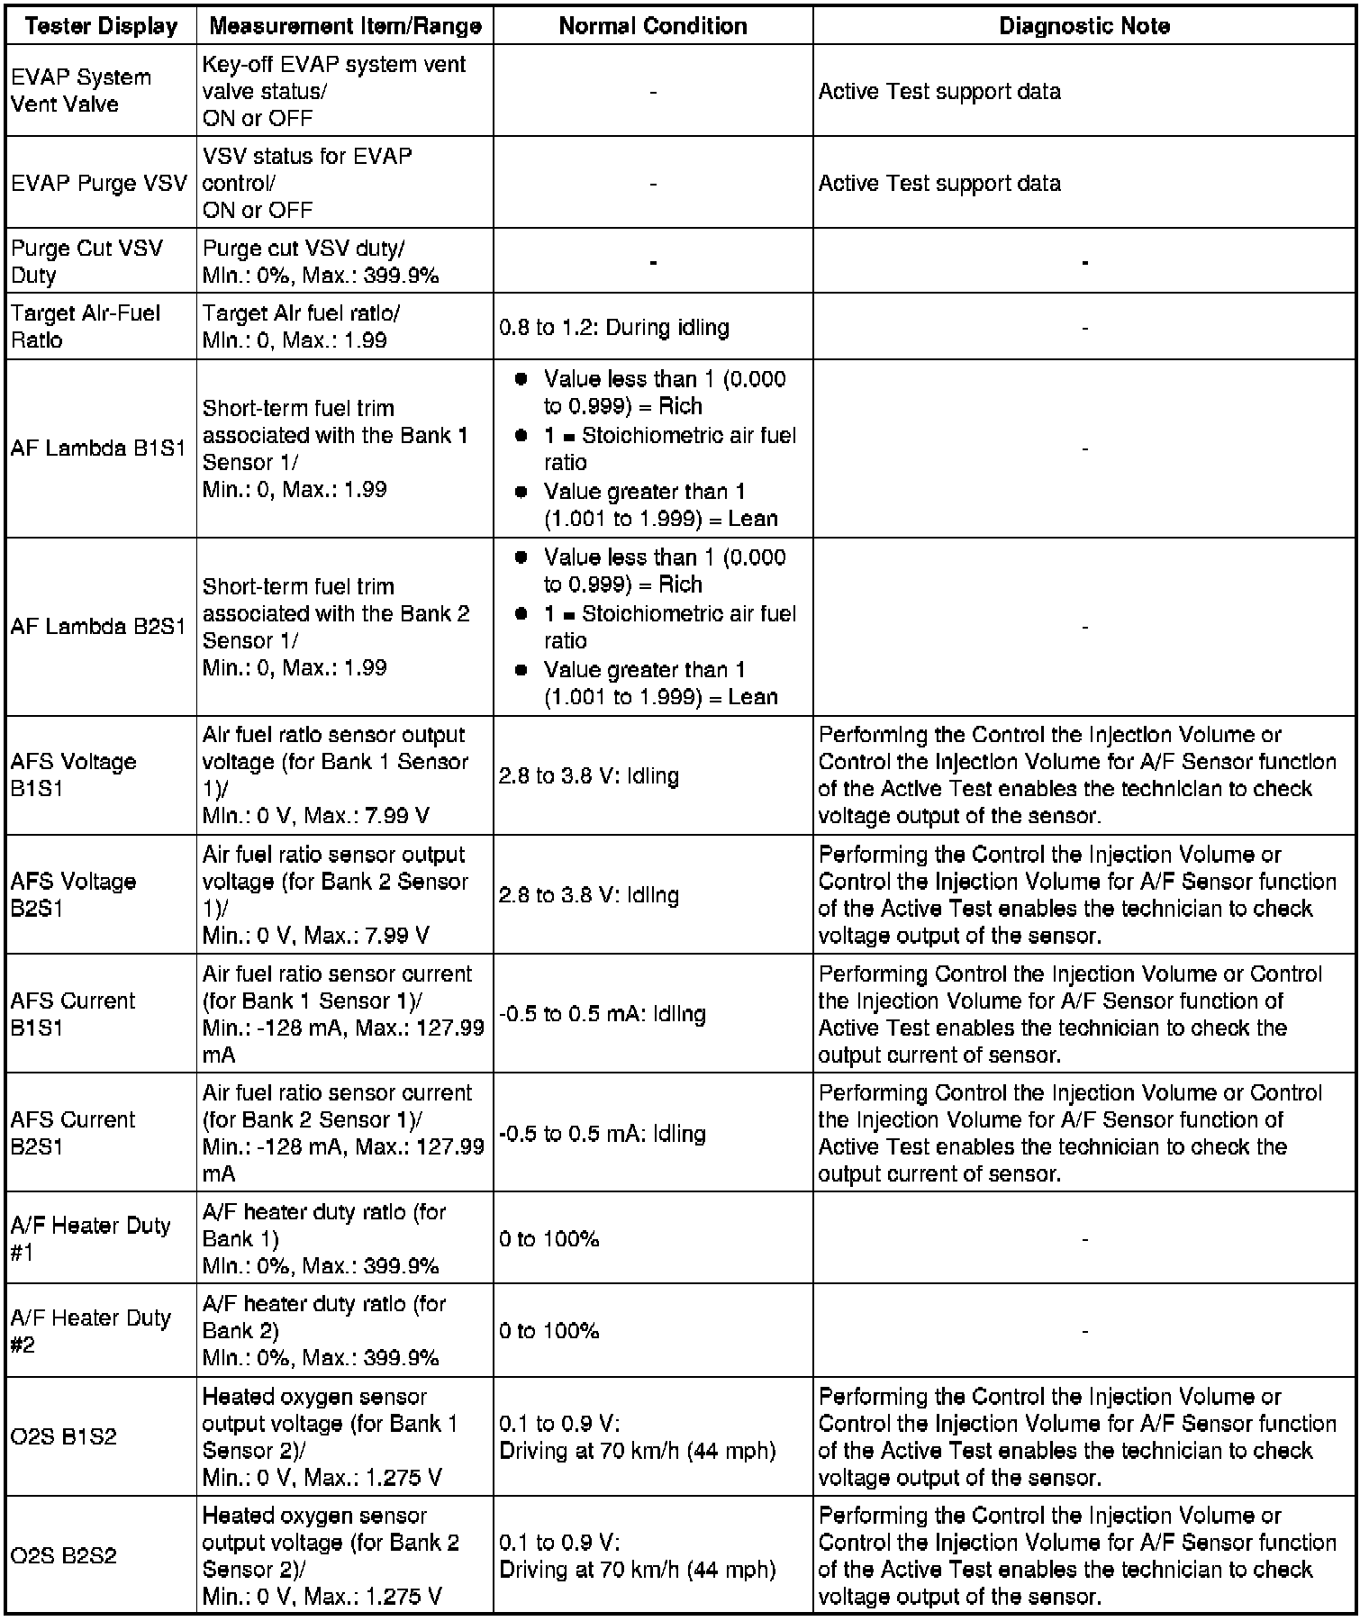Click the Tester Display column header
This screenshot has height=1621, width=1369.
(x=101, y=26)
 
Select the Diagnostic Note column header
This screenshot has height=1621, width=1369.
(x=1083, y=26)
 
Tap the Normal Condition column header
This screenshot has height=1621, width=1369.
(x=653, y=26)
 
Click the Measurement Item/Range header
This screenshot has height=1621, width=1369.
(x=345, y=26)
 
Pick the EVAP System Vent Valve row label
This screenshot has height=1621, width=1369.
(x=81, y=91)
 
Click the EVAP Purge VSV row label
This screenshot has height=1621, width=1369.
(x=99, y=183)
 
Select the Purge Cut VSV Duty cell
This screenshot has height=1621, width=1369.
(x=86, y=261)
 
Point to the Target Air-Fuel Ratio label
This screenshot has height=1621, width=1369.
(x=86, y=326)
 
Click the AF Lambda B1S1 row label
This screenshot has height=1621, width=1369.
(x=98, y=448)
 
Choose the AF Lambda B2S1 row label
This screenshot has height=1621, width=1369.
(x=98, y=627)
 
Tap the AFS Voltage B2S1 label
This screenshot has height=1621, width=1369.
(x=74, y=894)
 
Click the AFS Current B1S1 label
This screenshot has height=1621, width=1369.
(x=73, y=1013)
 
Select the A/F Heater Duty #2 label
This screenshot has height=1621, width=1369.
(x=91, y=1330)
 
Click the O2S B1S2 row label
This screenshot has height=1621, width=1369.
(x=64, y=1436)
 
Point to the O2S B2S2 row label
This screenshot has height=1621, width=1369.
(x=64, y=1555)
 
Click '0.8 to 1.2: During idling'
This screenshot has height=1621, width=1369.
(x=614, y=327)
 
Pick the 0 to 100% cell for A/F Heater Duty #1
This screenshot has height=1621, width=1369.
(x=549, y=1238)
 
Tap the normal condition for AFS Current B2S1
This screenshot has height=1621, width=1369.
(x=603, y=1133)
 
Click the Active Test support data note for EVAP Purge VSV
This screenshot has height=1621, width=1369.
(x=939, y=183)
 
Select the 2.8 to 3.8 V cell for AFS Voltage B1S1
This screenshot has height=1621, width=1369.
(x=589, y=775)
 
